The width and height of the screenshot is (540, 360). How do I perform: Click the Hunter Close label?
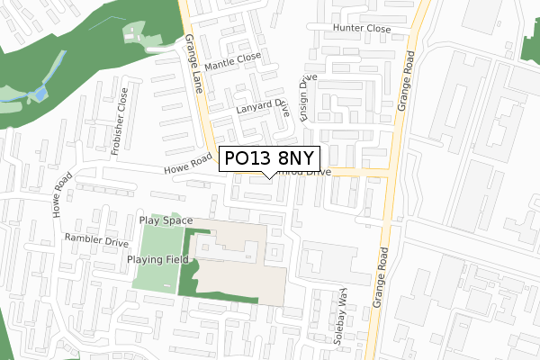click(x=361, y=29)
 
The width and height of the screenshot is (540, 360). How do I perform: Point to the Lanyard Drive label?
click(x=261, y=111)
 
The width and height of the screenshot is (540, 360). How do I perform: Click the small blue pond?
click(x=40, y=94)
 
